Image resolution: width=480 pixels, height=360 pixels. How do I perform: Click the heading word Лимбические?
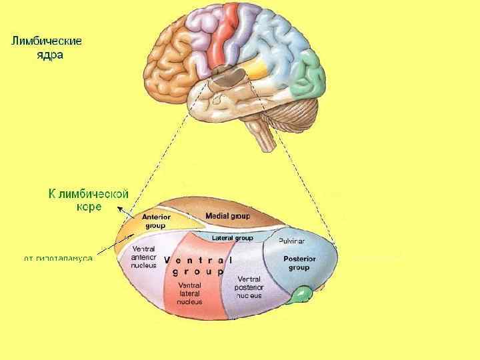tap(46, 41)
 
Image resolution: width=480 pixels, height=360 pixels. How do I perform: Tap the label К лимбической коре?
tap(89, 200)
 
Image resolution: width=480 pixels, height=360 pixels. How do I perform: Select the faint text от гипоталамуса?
tap(58, 257)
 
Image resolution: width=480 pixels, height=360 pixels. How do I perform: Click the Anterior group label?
tap(157, 221)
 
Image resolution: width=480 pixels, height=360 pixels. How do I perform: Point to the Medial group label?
tap(227, 216)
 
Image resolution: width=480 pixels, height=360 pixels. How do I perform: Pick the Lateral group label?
tap(232, 238)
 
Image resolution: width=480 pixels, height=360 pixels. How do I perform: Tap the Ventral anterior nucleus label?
tap(143, 257)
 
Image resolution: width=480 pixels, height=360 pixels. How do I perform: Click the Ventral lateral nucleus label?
tap(189, 293)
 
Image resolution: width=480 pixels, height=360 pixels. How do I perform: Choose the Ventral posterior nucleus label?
tap(248, 287)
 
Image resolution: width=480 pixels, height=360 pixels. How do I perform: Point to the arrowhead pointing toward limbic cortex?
tap(119, 209)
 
